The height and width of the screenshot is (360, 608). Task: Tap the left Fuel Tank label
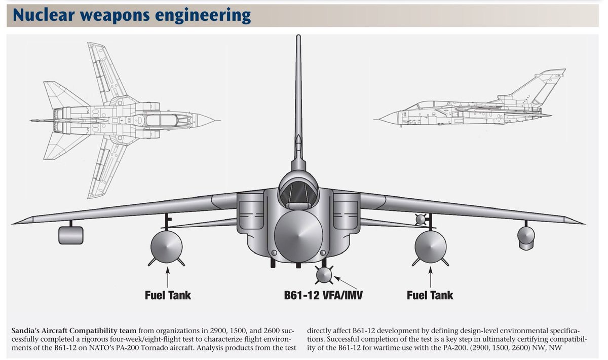(168, 295)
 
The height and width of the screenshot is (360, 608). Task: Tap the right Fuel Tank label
(430, 295)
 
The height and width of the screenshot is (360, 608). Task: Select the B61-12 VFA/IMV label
(323, 295)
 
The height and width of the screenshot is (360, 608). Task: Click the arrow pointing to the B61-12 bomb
(345, 282)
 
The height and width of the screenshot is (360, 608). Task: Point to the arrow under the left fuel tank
(168, 277)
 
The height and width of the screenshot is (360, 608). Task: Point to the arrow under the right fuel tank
(430, 277)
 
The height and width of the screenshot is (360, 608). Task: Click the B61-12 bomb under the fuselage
(324, 275)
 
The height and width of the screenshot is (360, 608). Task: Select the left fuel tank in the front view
(167, 247)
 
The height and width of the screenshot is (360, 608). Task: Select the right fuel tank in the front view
(431, 247)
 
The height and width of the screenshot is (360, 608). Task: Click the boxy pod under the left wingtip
(71, 235)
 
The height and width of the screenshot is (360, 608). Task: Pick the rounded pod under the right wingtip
(526, 238)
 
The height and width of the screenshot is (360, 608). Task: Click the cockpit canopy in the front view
(298, 194)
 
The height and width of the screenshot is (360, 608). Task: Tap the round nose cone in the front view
(298, 236)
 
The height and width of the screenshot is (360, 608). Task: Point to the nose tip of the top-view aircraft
(219, 120)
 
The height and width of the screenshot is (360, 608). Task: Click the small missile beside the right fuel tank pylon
(421, 219)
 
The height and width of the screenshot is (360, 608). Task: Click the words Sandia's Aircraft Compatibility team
(74, 331)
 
